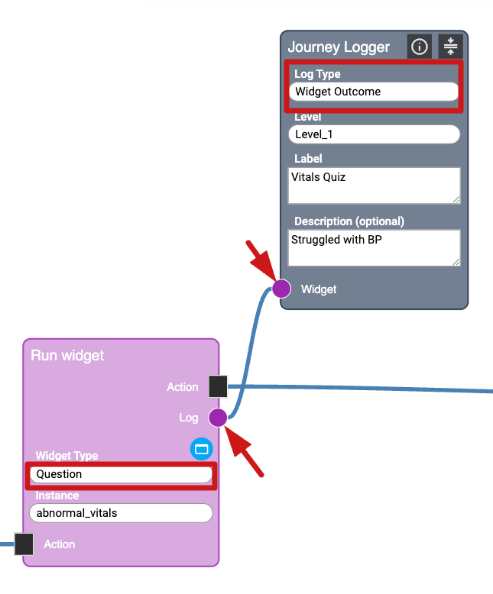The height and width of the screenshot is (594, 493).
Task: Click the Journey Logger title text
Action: coord(339,47)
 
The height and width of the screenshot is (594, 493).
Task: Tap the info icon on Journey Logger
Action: coord(419,47)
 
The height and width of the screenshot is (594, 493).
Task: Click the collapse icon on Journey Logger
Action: coord(450,47)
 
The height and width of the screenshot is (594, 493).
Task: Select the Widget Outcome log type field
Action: coord(374,92)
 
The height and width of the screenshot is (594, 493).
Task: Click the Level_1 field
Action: coord(374,134)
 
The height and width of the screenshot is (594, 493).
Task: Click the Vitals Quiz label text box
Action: coord(374,186)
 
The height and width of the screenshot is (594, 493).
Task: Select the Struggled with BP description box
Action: coord(374,247)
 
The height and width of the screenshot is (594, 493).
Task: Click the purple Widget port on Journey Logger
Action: coord(281,289)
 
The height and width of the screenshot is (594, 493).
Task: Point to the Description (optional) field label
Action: coord(349,221)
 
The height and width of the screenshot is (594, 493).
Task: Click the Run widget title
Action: coord(67,356)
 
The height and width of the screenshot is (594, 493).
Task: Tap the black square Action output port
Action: coord(218,386)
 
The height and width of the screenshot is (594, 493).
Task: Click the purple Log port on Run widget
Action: coord(218,418)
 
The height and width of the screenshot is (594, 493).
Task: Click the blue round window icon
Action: coord(201,450)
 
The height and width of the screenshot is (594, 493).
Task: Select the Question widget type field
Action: coord(121,474)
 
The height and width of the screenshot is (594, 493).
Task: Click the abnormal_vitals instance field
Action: coord(121,513)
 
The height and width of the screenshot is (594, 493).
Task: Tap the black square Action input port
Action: coord(24,544)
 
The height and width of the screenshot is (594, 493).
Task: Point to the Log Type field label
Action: coord(318,74)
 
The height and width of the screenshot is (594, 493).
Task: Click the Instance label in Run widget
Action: coord(57,496)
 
